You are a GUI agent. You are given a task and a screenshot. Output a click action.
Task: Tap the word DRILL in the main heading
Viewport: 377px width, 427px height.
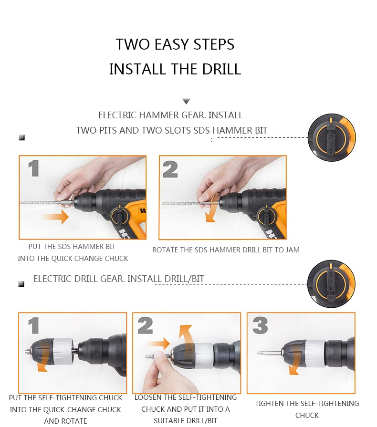[221, 69]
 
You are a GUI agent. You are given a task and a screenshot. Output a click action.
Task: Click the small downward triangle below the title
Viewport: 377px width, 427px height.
[186, 101]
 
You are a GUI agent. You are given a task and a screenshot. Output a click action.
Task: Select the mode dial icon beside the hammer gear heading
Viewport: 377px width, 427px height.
[332, 137]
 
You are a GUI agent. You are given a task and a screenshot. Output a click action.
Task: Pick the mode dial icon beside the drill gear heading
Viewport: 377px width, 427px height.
[331, 284]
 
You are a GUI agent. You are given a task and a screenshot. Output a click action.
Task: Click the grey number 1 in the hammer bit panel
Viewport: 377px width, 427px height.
[34, 168]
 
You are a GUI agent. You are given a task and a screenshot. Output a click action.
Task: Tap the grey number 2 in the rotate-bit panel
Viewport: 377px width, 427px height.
[170, 169]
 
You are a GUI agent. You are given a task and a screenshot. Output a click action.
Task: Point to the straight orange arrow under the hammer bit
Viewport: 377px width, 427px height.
[55, 217]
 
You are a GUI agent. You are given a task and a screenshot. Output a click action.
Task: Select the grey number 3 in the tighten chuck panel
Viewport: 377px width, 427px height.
[260, 325]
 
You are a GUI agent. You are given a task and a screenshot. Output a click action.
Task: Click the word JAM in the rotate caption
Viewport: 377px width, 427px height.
[293, 250]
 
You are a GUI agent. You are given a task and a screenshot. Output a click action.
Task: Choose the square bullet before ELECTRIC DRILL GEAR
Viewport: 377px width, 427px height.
[21, 284]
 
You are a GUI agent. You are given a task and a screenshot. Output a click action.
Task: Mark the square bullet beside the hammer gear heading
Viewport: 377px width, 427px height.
[22, 137]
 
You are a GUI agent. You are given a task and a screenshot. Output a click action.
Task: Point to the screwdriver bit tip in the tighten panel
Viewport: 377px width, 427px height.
[258, 353]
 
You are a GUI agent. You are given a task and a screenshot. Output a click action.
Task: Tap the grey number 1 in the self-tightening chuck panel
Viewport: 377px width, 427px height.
[34, 325]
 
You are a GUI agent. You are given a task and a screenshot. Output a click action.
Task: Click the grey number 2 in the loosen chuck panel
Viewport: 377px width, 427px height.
[145, 325]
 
